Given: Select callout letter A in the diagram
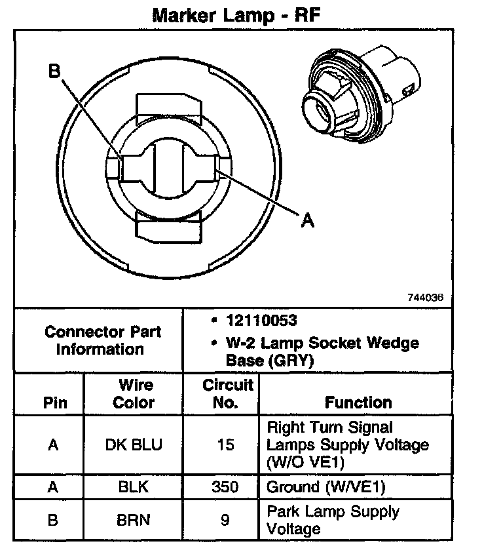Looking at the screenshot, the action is [306, 221].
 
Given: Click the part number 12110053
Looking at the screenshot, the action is [261, 321].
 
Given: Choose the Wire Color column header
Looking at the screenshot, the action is [134, 393].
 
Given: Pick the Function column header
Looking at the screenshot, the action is [358, 402].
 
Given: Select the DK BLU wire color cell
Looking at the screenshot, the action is [134, 445].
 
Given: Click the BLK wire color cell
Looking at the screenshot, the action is [134, 488].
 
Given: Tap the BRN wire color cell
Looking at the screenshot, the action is [134, 520].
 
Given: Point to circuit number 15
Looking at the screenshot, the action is [225, 445].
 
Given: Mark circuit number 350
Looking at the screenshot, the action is [225, 488].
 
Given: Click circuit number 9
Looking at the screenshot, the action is [225, 520].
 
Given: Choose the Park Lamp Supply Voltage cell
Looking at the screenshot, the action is [332, 520].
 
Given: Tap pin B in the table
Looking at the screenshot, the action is [54, 520].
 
